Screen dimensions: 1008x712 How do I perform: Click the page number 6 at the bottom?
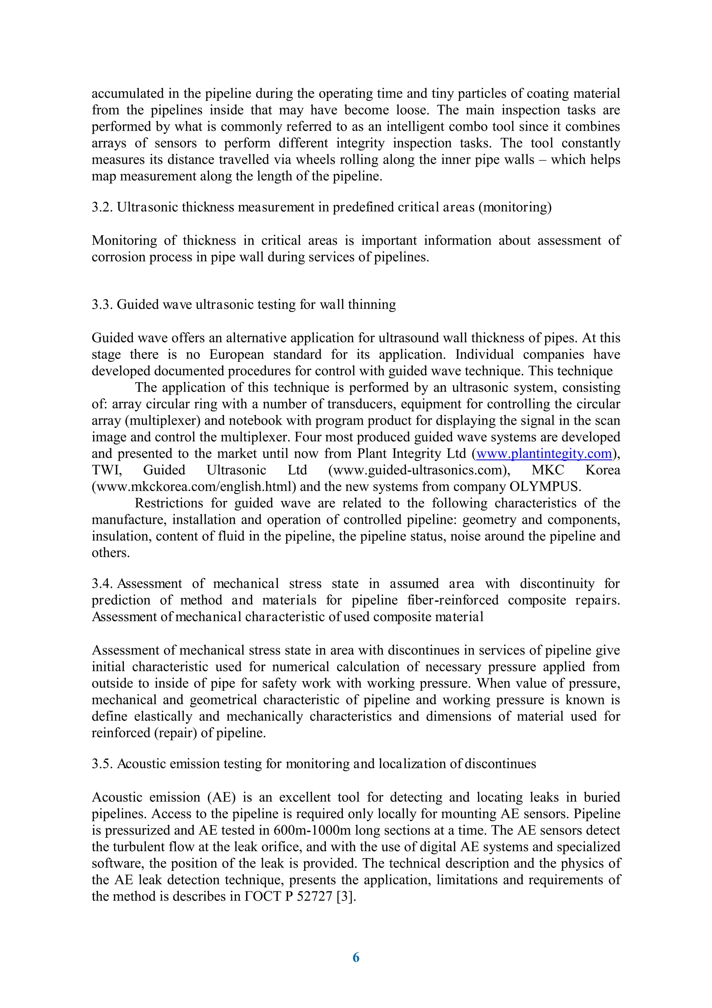coord(356,958)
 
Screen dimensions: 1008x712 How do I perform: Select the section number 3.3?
coord(102,305)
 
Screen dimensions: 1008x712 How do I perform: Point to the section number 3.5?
coord(102,764)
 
